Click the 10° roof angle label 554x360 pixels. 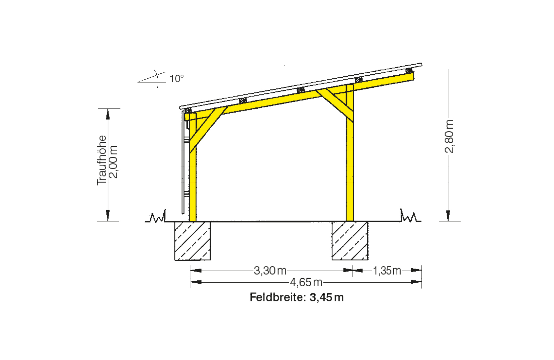click(177, 79)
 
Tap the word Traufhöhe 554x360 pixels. click(102, 160)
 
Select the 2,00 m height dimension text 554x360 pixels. click(113, 161)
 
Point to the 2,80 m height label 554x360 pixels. click(449, 136)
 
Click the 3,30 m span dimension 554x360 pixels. click(270, 271)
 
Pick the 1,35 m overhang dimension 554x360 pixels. click(387, 271)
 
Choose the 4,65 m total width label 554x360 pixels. click(306, 282)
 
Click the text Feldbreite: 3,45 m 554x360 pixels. click(297, 297)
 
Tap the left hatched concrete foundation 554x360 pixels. click(193, 241)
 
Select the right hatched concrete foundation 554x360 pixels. click(350, 241)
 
